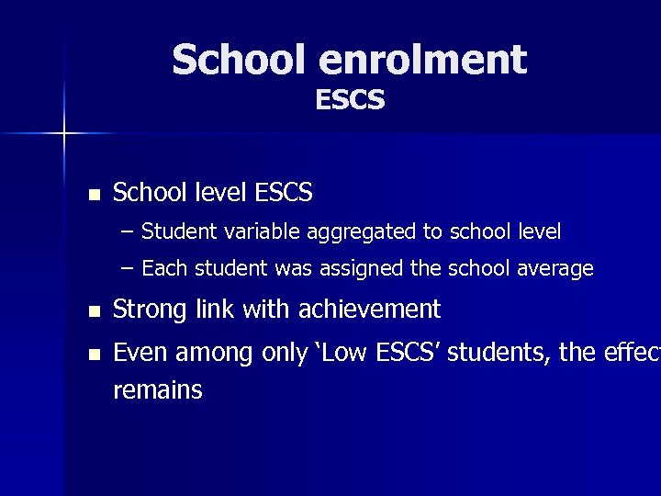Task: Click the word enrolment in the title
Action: point(423,61)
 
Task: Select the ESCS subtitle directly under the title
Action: point(350,99)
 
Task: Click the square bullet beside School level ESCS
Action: point(93,195)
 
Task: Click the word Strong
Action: point(150,310)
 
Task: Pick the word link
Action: point(215,310)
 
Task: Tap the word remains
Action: point(157,390)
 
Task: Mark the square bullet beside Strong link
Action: point(93,311)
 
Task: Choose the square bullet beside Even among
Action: point(93,355)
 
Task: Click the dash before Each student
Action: point(127,269)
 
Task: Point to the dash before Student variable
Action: point(127,231)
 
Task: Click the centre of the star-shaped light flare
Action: point(64,134)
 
